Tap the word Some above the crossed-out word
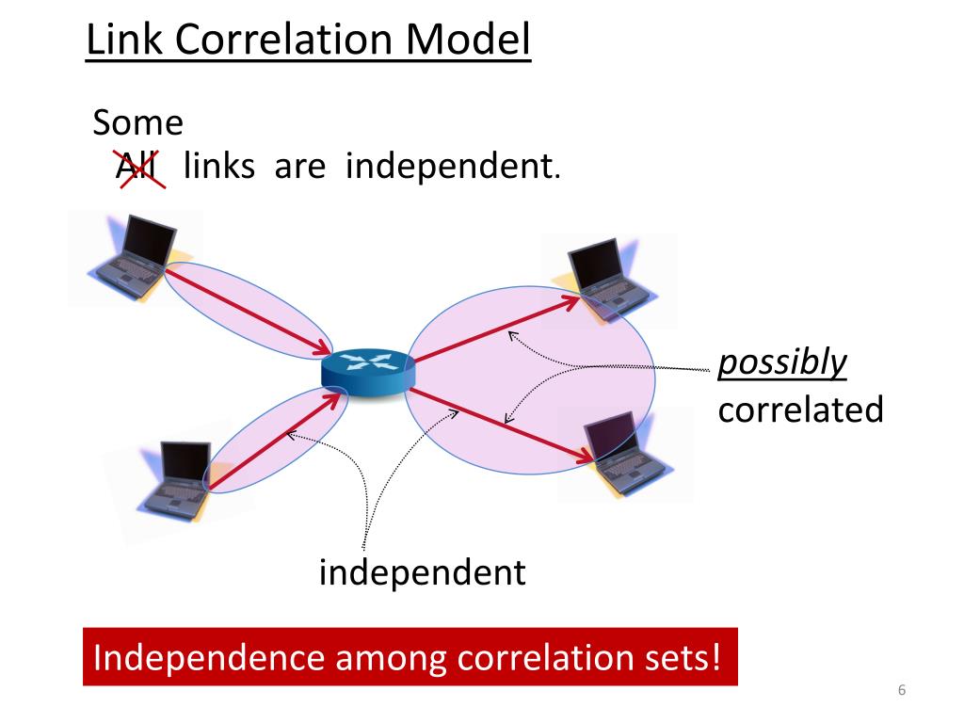coord(137,123)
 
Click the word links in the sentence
coord(219,168)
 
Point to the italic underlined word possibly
coord(782,362)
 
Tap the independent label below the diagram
coord(422,571)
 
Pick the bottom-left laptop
coord(175,480)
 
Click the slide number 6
coord(901,692)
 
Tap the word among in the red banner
coord(377,656)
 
